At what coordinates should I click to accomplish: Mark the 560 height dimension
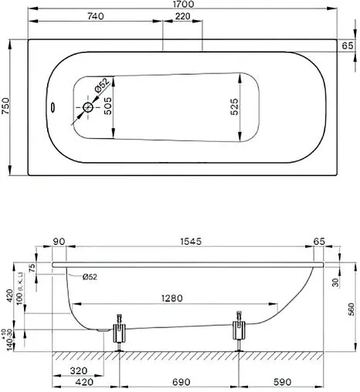pyautogui.click(x=353, y=309)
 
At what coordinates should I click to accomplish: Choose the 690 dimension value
pyautogui.click(x=178, y=381)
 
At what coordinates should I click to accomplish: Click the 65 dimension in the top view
pyautogui.click(x=348, y=46)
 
